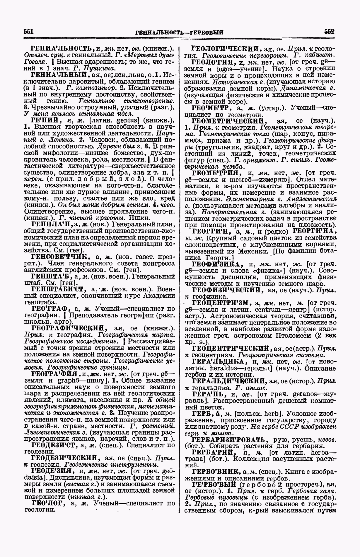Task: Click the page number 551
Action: (x=29, y=31)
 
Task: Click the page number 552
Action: (x=329, y=31)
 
